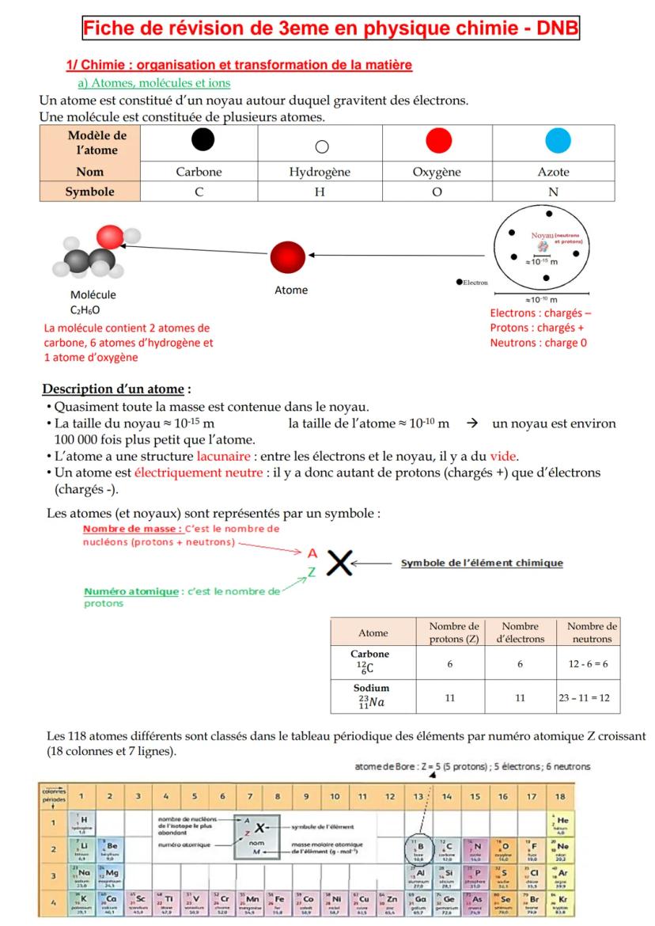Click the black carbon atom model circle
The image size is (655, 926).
tap(203, 142)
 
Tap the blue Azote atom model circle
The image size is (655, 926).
tap(557, 142)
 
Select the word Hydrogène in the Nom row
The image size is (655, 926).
tap(320, 172)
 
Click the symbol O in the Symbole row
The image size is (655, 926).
tap(437, 192)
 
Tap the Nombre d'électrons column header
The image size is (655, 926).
tap(519, 632)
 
